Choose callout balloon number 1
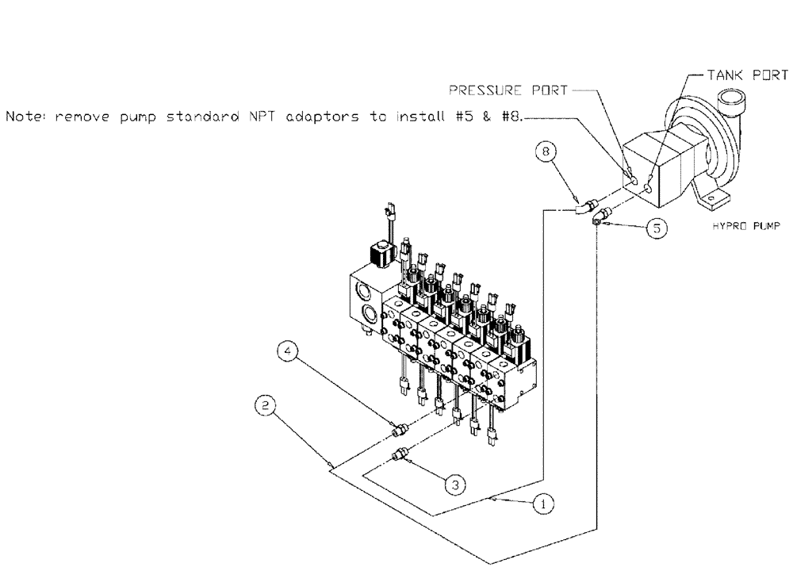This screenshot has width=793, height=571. (x=542, y=502)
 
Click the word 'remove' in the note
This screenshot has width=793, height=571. (x=83, y=117)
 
